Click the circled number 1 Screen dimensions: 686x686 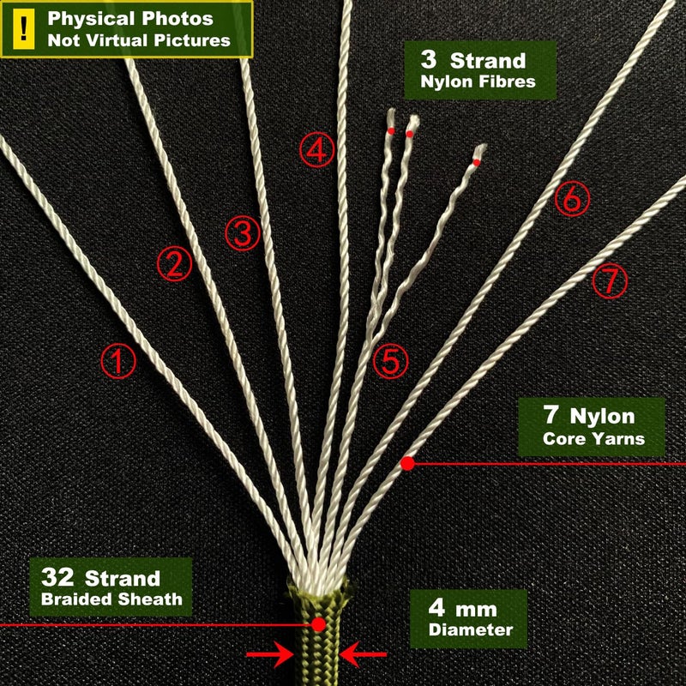pyautogui.click(x=118, y=361)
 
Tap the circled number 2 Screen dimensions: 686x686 pyautogui.click(x=175, y=264)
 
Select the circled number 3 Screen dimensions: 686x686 pyautogui.click(x=243, y=233)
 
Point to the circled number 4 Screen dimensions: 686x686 pyautogui.click(x=316, y=149)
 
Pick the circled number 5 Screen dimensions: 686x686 pyautogui.click(x=390, y=361)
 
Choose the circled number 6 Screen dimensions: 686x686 pyautogui.click(x=572, y=199)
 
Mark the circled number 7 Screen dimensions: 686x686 pyautogui.click(x=610, y=281)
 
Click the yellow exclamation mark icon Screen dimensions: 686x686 pyautogui.click(x=24, y=29)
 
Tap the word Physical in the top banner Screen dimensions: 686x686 pyautogui.click(x=92, y=19)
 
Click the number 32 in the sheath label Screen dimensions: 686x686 pyautogui.click(x=57, y=577)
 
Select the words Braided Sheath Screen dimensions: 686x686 pyautogui.click(x=111, y=599)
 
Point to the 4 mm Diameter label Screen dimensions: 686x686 pyautogui.click(x=468, y=618)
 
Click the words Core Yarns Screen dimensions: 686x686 pyautogui.click(x=593, y=439)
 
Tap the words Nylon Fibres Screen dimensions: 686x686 pyautogui.click(x=478, y=81)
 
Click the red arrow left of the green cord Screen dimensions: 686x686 pyautogui.click(x=270, y=654)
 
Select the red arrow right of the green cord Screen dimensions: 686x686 pyautogui.click(x=363, y=654)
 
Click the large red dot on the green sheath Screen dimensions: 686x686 pyautogui.click(x=318, y=624)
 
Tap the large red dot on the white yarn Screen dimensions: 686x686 pyautogui.click(x=407, y=463)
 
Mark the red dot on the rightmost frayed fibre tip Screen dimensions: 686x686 pyautogui.click(x=477, y=163)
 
